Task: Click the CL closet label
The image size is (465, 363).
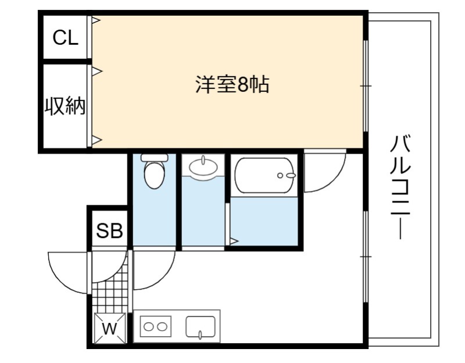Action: pos(66,37)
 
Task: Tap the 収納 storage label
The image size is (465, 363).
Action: pos(65,106)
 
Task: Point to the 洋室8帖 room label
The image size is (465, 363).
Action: pos(232,84)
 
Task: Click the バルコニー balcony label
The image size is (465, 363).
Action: pos(400,187)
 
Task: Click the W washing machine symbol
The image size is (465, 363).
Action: pos(110,328)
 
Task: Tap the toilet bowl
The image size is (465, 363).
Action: pos(154,175)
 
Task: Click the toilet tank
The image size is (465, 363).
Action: pos(154,157)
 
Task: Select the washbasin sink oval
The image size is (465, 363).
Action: pos(203,166)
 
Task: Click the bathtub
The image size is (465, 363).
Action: pos(264,175)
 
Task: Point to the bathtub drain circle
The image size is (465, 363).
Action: pos(280,176)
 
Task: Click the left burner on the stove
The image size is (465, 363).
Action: pos(148,327)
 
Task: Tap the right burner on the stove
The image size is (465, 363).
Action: pos(162,327)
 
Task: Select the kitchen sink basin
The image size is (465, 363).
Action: pos(201,326)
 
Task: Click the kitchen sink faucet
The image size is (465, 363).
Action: pos(201,335)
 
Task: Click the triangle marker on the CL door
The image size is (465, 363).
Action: pos(96,20)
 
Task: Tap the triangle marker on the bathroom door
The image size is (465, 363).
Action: pos(234,241)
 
